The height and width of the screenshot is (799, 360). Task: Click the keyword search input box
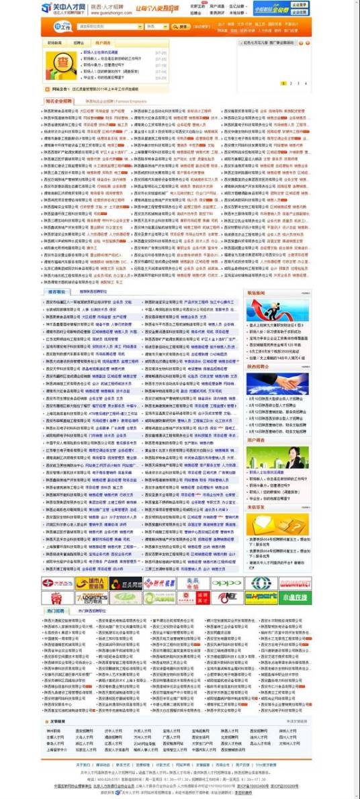[109, 27]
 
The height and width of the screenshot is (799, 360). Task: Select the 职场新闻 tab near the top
[54, 42]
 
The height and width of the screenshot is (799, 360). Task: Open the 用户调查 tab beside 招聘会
[102, 42]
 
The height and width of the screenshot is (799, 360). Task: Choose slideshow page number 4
[306, 83]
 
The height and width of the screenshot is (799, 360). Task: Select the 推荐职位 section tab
[57, 292]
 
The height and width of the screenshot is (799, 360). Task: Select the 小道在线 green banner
[296, 598]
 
